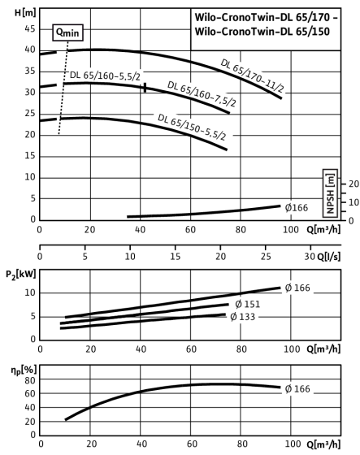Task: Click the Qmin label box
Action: [x=68, y=32]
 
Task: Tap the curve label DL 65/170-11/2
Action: [x=252, y=76]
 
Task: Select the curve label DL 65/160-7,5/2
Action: [x=202, y=93]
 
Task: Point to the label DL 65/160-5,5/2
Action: [x=105, y=76]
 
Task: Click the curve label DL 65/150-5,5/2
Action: [x=192, y=127]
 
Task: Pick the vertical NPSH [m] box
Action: [x=331, y=193]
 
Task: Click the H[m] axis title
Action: [x=25, y=13]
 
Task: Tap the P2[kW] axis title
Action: [x=21, y=275]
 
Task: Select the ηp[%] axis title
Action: [x=24, y=370]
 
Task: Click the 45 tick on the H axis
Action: [x=30, y=28]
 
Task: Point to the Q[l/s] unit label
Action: [x=328, y=257]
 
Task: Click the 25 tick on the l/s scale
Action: [x=266, y=257]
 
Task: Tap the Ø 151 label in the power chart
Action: [x=248, y=305]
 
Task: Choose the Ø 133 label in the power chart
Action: [x=242, y=317]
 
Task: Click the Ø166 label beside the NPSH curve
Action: [x=296, y=208]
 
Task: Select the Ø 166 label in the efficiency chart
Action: [x=297, y=389]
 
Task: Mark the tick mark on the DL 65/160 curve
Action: [x=145, y=88]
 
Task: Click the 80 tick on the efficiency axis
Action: [x=30, y=380]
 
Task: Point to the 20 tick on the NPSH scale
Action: [x=353, y=184]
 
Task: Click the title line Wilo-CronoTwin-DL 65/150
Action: [x=262, y=31]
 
